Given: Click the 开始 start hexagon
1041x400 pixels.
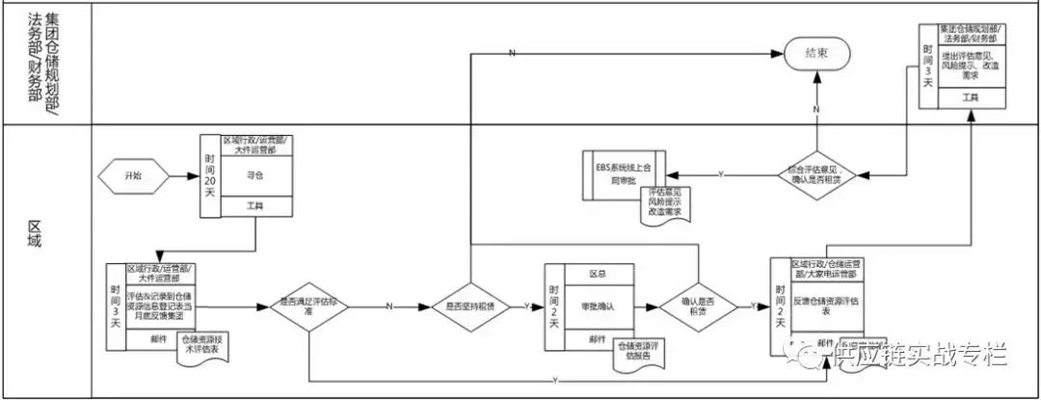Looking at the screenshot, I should point(132,176).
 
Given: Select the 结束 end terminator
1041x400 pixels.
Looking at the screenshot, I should point(815,55).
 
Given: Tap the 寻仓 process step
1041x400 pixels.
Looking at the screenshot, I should point(255,176).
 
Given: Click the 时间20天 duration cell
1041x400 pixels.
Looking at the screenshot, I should point(211,176).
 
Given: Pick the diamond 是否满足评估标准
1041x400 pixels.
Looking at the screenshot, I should point(308,307).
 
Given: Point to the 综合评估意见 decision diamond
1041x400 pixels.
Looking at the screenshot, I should point(815,174).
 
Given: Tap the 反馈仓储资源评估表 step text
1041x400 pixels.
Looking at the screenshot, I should point(826,306).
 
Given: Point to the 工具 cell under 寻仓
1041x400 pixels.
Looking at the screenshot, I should point(255,206).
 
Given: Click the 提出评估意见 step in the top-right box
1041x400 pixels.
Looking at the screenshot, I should point(972,63).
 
